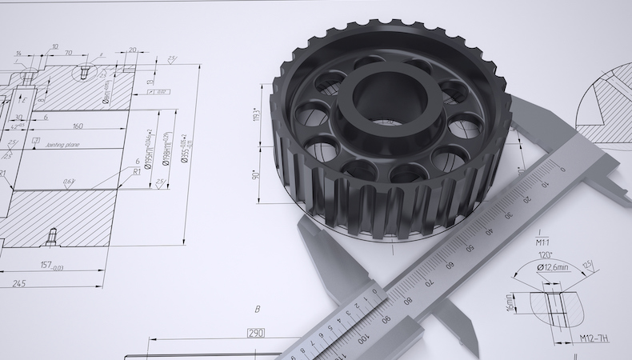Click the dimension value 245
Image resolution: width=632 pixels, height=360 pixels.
coord(18,282)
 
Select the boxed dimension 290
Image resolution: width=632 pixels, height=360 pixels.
coord(255,333)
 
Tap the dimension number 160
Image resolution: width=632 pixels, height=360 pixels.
coord(78,126)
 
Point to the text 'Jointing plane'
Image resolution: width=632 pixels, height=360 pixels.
coord(66,145)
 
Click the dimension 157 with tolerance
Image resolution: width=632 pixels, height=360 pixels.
coord(54,266)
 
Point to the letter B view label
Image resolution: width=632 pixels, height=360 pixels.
coord(257,309)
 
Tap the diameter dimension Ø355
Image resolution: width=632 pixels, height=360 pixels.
coord(184,148)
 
